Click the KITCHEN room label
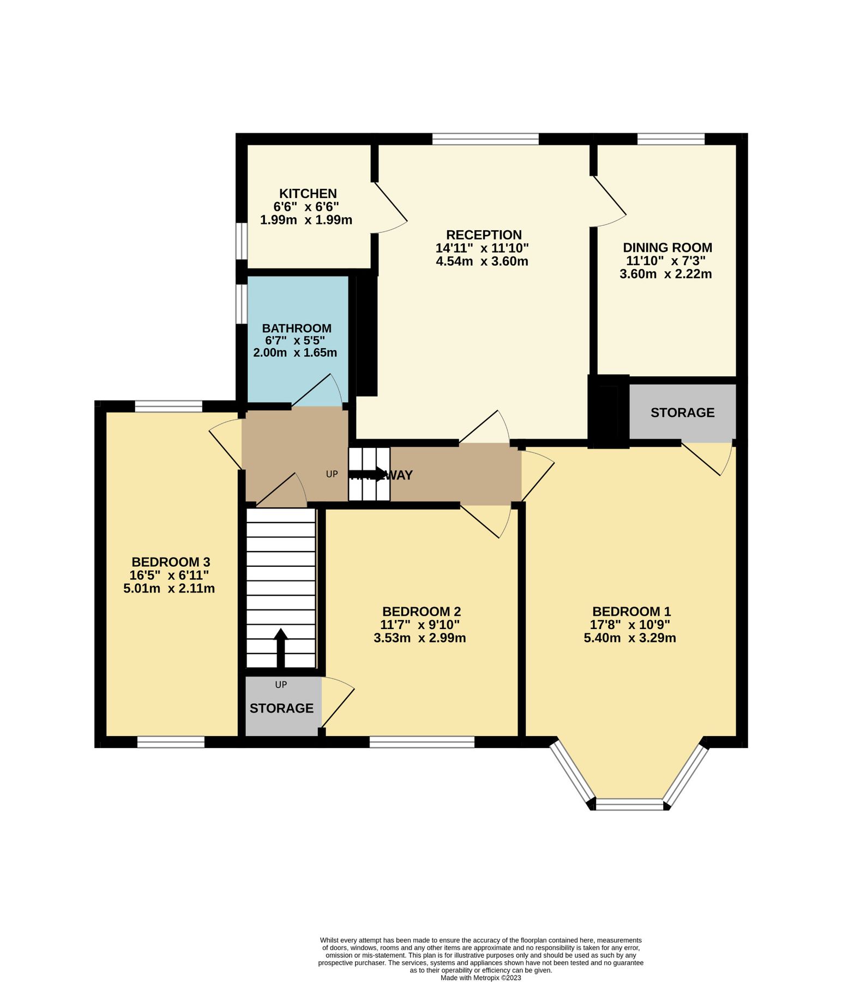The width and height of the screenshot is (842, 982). (x=308, y=194)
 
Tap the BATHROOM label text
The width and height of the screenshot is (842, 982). (x=297, y=328)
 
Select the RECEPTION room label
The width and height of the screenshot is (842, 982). (x=484, y=235)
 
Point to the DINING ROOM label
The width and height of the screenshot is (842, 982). (x=667, y=248)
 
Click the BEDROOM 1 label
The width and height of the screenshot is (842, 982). (x=632, y=612)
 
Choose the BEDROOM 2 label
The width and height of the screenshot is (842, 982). (x=422, y=612)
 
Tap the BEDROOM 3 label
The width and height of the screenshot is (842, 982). (x=171, y=562)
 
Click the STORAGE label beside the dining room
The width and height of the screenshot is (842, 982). (x=682, y=412)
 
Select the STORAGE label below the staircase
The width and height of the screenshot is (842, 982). (x=281, y=708)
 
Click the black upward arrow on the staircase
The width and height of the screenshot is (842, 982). (x=281, y=647)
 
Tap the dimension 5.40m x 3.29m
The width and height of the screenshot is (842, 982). (x=630, y=638)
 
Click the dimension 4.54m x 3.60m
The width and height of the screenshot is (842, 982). (x=482, y=261)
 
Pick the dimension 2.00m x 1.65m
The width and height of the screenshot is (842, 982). (x=295, y=353)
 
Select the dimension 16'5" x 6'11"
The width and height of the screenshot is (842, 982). (x=169, y=575)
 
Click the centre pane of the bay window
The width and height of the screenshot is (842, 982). (x=629, y=804)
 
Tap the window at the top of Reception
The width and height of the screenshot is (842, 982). (x=485, y=139)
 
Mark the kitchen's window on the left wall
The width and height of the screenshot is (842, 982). (x=242, y=240)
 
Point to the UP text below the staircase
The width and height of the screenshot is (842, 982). (x=281, y=685)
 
